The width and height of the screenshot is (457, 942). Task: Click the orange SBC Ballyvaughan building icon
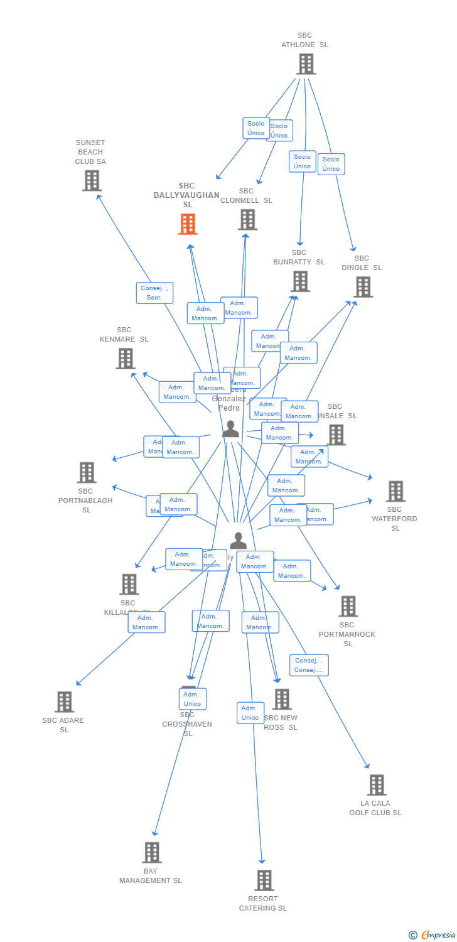pos(188,224)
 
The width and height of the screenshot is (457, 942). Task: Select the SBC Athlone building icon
pos(306,64)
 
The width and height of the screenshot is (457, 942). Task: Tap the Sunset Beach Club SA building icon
pos(92,181)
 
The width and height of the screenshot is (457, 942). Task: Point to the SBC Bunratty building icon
pos(301,281)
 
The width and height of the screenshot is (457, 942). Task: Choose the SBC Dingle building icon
pos(363,287)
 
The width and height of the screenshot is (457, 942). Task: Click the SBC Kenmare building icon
pos(126,359)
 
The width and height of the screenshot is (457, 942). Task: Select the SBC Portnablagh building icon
pos(87,473)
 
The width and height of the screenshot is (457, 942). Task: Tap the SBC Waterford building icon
pos(395,492)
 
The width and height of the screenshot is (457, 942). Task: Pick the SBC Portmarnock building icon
pos(348,607)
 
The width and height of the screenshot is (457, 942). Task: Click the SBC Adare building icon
pos(64,702)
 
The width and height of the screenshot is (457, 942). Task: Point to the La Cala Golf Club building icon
pos(377,785)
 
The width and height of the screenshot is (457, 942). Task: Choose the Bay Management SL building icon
pos(152,853)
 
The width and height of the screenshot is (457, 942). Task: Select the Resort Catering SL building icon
pos(264,880)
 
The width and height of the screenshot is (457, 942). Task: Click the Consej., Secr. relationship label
pos(154,293)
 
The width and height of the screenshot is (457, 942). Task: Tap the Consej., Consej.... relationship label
pos(309,665)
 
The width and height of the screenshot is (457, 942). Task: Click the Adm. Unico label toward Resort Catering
pos(250,713)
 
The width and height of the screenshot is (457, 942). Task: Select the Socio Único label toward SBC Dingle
pos(331,164)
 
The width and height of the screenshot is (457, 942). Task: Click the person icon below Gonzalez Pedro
pos(231,430)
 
